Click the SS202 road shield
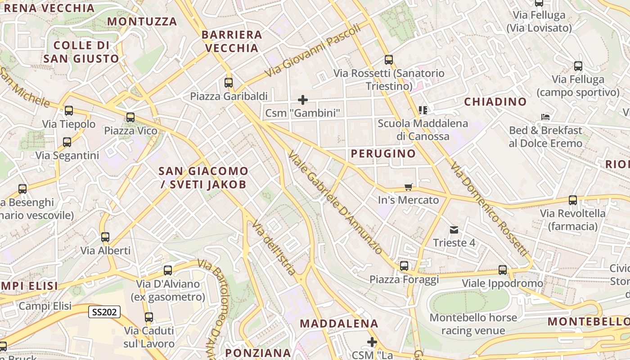[104, 312]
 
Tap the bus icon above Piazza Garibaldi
[229, 83]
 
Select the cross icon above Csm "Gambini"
[303, 99]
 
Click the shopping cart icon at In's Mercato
[409, 187]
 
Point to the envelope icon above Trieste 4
[454, 230]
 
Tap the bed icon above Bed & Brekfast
[545, 117]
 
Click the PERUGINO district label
[383, 154]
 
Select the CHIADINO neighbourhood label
[495, 102]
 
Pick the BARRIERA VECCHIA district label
[232, 41]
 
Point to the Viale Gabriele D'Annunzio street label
[335, 203]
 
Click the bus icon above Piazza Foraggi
[404, 266]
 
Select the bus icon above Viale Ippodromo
[503, 270]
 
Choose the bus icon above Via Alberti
[105, 237]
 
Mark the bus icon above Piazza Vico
[130, 117]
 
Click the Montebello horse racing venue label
[473, 324]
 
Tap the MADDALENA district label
[339, 324]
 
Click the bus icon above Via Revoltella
[573, 200]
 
